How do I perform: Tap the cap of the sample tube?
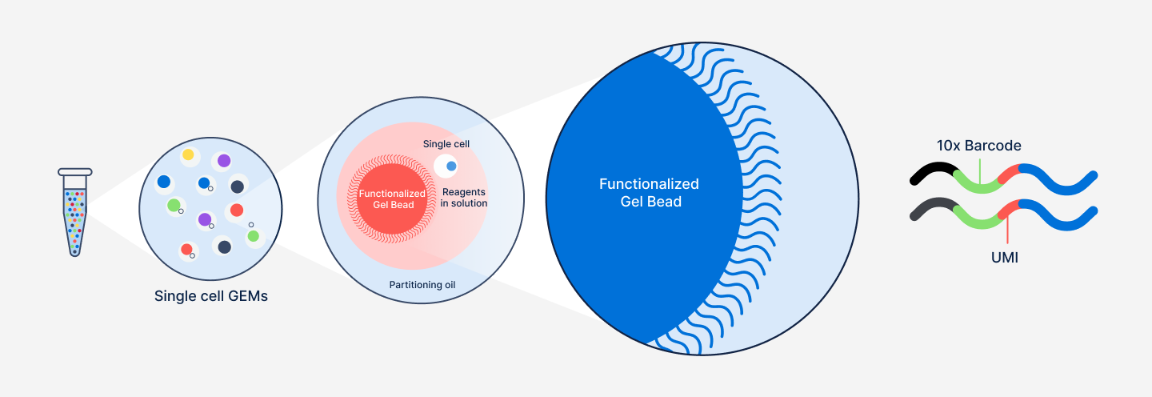click(75, 172)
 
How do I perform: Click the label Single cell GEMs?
click(211, 296)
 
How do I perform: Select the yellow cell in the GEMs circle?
click(188, 154)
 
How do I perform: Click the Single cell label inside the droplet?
click(446, 144)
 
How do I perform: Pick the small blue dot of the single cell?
click(451, 166)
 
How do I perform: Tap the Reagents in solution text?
click(464, 198)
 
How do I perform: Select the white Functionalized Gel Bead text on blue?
click(649, 193)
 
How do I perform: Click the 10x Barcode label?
click(979, 146)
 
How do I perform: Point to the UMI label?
click(1004, 258)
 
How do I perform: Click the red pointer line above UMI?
click(1007, 232)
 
